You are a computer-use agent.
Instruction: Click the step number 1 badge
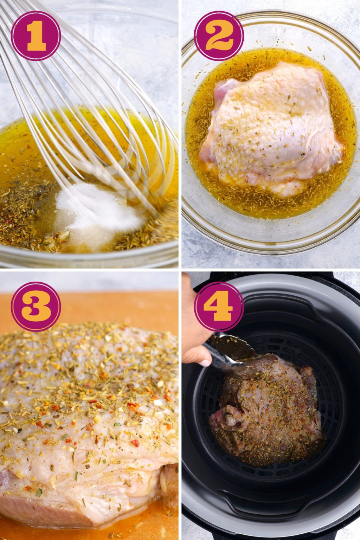pyautogui.click(x=36, y=36)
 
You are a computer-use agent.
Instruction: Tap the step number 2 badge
pyautogui.click(x=219, y=36)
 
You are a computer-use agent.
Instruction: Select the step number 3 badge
pyautogui.click(x=36, y=307)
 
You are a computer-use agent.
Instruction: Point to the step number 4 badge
pyautogui.click(x=219, y=307)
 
